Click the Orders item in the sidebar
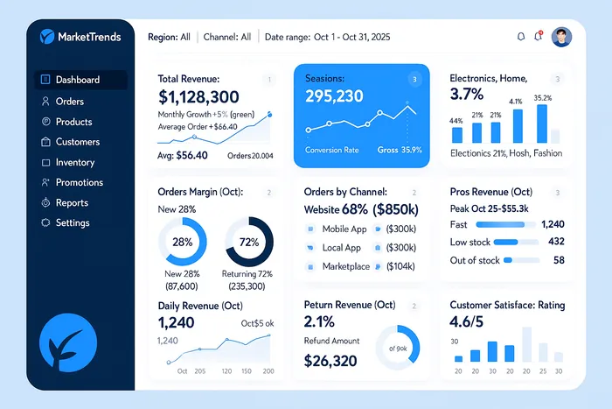click(69, 102)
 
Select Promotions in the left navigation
click(79, 182)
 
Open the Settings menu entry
click(72, 222)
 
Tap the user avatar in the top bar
click(562, 37)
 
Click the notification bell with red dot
click(539, 37)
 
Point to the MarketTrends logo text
click(88, 37)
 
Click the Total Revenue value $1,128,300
click(199, 97)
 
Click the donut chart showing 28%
click(183, 242)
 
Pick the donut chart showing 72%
click(249, 242)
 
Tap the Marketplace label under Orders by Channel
click(346, 266)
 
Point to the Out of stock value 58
click(559, 260)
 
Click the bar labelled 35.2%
click(542, 123)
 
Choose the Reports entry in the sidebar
click(72, 202)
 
